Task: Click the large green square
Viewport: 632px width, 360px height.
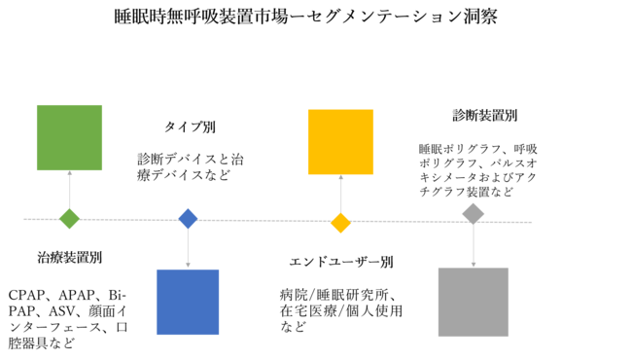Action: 69,137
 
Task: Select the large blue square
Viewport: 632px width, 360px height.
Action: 188,302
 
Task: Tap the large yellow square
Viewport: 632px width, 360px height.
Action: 340,141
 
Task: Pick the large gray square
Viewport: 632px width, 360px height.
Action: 473,302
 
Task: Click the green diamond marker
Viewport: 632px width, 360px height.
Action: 69,218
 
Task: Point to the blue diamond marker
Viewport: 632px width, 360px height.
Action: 188,218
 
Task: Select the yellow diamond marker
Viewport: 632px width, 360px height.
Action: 340,223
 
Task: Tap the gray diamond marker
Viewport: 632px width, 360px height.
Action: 473,213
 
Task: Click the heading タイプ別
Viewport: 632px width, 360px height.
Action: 190,127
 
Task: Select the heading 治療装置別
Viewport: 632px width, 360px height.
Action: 70,258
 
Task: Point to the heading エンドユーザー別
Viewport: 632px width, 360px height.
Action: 341,263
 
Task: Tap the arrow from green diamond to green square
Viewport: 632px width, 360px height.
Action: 69,189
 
